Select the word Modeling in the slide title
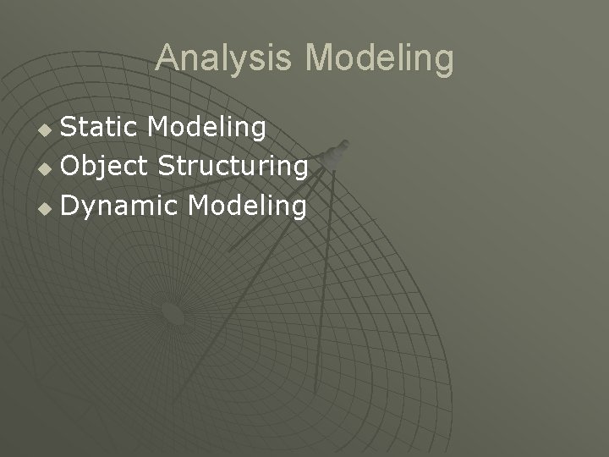pos(379,58)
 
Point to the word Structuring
pos(231,166)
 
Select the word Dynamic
pos(119,205)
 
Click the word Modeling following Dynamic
pos(247,205)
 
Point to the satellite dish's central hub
pos(173,314)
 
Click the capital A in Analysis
pos(167,58)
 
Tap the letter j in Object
pos(99,168)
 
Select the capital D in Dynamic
pos(71,205)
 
